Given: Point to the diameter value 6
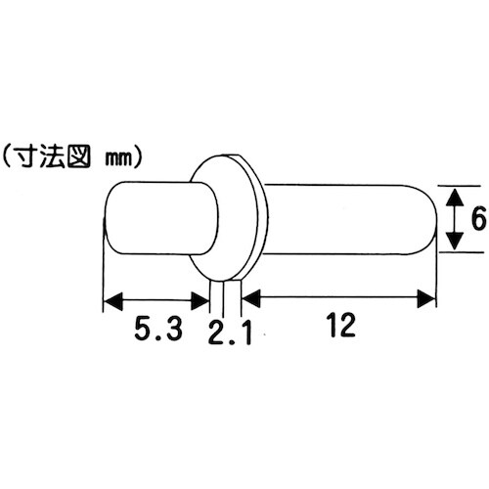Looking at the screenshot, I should (x=478, y=220).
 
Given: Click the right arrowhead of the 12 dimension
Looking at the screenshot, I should (x=427, y=298).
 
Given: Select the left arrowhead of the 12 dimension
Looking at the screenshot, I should (x=250, y=298).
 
